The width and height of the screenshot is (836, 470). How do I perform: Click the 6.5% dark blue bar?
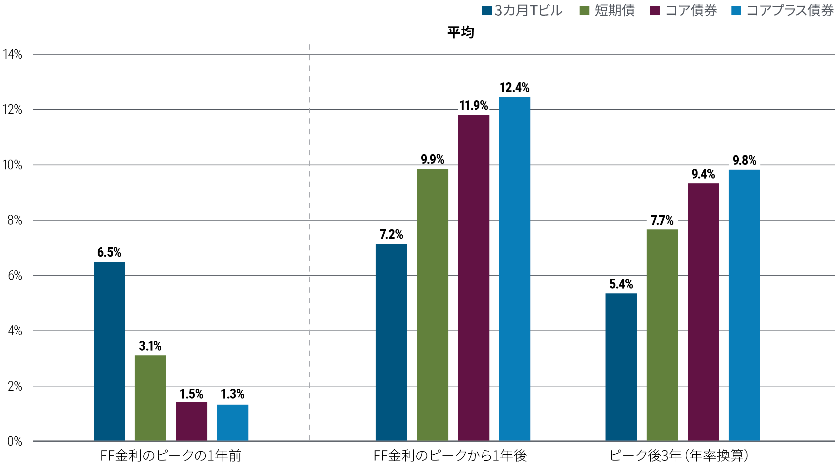109,351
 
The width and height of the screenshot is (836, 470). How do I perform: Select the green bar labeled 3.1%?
150,398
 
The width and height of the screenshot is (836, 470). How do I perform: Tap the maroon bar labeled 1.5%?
191,421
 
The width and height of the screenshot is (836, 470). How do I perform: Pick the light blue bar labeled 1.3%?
233,423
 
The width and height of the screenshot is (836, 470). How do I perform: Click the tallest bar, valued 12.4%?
514,269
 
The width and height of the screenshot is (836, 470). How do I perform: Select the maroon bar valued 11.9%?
474,278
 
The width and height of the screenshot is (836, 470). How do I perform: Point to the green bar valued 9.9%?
432,305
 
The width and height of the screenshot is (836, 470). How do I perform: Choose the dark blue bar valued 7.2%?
391,342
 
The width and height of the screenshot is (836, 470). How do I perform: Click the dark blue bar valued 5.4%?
621,367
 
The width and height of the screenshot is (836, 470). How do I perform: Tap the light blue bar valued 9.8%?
744,305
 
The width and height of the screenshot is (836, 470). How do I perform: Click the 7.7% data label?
662,221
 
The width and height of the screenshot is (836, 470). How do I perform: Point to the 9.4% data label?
703,174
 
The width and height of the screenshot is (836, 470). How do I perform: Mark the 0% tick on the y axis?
15,441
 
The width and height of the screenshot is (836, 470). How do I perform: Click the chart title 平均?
461,33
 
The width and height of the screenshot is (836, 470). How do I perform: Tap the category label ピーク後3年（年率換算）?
679,456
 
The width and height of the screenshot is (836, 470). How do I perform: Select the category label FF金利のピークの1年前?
171,456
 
